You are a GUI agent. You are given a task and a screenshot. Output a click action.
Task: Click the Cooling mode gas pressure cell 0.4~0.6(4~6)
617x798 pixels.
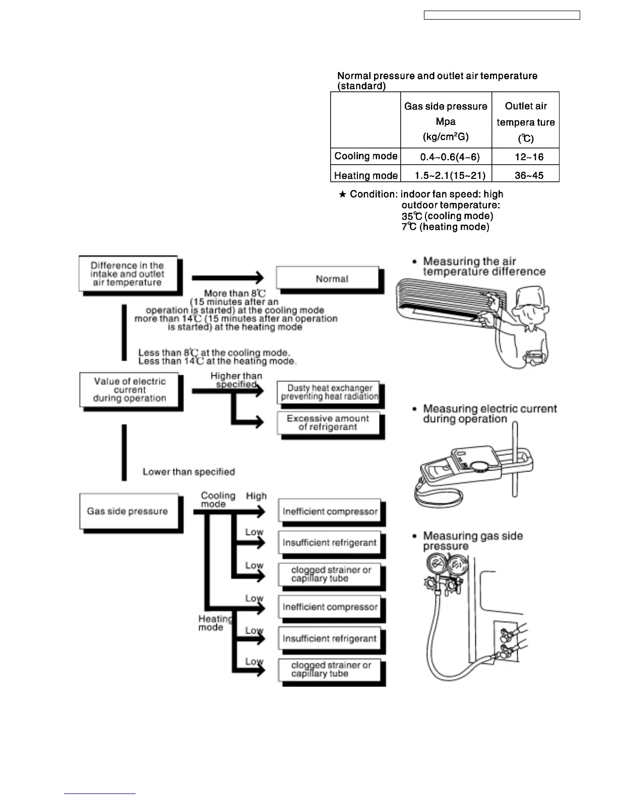(x=450, y=157)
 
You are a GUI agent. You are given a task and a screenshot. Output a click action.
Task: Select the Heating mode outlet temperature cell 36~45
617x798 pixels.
(x=529, y=175)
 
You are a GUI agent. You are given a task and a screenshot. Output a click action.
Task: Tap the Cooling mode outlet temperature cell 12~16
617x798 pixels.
(x=529, y=157)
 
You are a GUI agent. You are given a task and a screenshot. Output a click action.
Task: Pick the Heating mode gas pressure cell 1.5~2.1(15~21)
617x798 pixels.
(x=450, y=175)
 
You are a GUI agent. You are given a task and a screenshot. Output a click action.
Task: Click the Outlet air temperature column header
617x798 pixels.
(x=525, y=121)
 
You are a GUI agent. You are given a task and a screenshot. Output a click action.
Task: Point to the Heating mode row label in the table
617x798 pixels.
(x=366, y=175)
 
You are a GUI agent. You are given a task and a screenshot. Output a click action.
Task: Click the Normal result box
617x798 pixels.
(x=331, y=279)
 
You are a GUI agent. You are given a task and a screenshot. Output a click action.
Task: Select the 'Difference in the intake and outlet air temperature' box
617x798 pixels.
(x=128, y=274)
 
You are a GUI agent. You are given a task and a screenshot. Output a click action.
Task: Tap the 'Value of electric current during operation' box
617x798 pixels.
(x=130, y=390)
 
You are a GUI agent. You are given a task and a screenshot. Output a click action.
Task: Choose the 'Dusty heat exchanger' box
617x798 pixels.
(x=329, y=392)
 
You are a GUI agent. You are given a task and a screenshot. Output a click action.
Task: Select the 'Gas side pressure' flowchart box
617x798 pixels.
(x=128, y=511)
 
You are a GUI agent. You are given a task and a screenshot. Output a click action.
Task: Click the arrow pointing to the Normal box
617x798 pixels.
(x=228, y=278)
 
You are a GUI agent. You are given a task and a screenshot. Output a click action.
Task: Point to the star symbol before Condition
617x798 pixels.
(x=342, y=194)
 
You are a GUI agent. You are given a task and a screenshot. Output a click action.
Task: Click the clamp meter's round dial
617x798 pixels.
(x=480, y=465)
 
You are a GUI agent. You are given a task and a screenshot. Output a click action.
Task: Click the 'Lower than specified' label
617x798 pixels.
(x=189, y=472)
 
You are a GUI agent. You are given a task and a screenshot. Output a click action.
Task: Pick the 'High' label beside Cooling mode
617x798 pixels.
(x=256, y=496)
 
